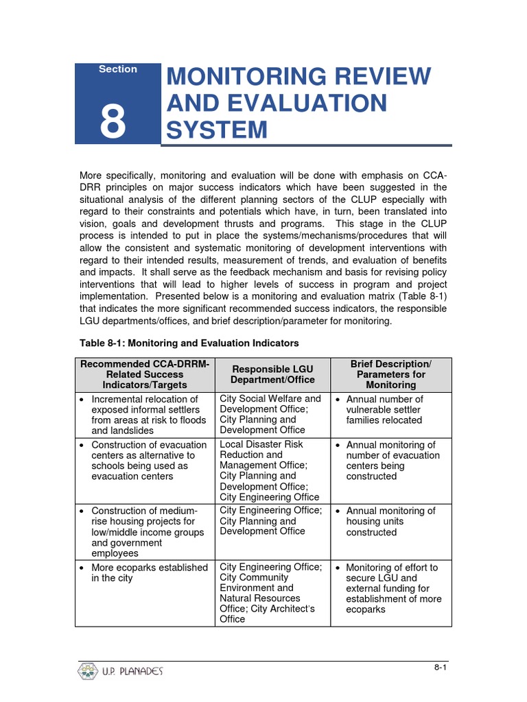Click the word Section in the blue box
coord(117,69)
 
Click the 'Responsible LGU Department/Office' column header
coord(272,374)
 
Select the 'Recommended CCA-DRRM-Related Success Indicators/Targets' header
coord(145,374)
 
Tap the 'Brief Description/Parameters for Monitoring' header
coord(390,374)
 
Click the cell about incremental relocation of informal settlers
coord(145,415)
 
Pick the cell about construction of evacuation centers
coord(145,461)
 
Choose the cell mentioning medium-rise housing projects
coord(145,532)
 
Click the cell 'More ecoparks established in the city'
coord(145,573)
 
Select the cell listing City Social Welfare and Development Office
coord(270,414)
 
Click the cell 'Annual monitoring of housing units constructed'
coord(390,522)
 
